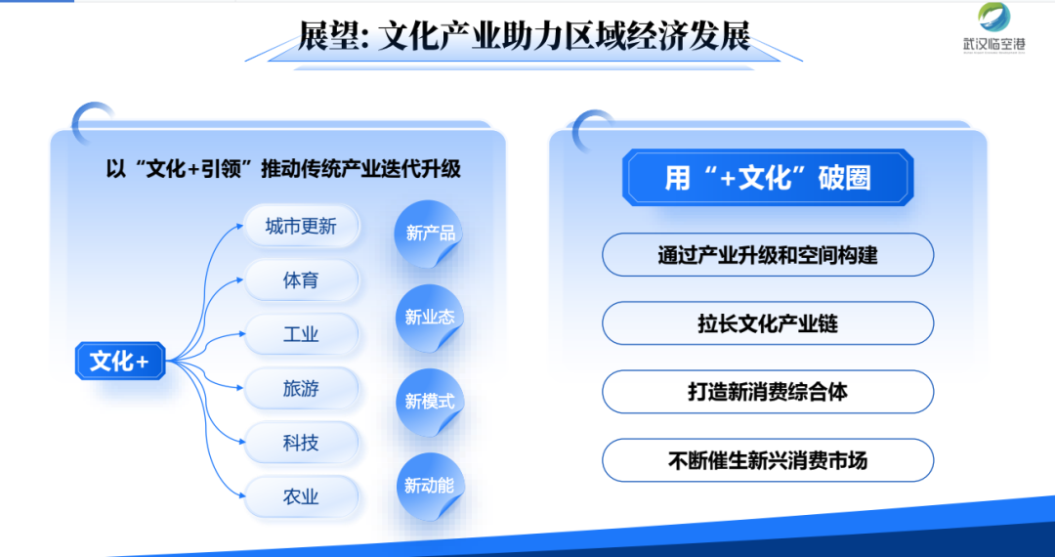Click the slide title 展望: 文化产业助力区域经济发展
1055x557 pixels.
pyautogui.click(x=525, y=35)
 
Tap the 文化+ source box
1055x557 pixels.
pyautogui.click(x=120, y=362)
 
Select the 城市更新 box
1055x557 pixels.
pyautogui.click(x=302, y=226)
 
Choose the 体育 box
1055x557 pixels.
pyautogui.click(x=302, y=280)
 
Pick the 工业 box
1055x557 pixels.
pyautogui.click(x=302, y=334)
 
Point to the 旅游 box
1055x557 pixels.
pyautogui.click(x=302, y=389)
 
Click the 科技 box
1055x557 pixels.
pyautogui.click(x=302, y=444)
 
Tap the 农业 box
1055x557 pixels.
pyautogui.click(x=302, y=497)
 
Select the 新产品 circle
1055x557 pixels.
pyautogui.click(x=430, y=234)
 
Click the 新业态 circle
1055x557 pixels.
pyautogui.click(x=430, y=318)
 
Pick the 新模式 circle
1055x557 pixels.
pyautogui.click(x=430, y=402)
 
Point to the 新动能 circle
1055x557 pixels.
pyautogui.click(x=430, y=486)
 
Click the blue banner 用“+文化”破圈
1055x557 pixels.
pyautogui.click(x=768, y=178)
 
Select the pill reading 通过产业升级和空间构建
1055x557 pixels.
pyautogui.click(x=768, y=255)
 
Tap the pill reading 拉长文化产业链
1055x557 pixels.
pyautogui.click(x=768, y=323)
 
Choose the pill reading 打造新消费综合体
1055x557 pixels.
pyautogui.click(x=768, y=392)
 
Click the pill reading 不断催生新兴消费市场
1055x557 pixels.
pyautogui.click(x=768, y=461)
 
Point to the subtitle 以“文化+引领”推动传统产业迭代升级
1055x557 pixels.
pyautogui.click(x=283, y=168)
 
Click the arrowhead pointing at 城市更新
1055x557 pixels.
pyautogui.click(x=239, y=226)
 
